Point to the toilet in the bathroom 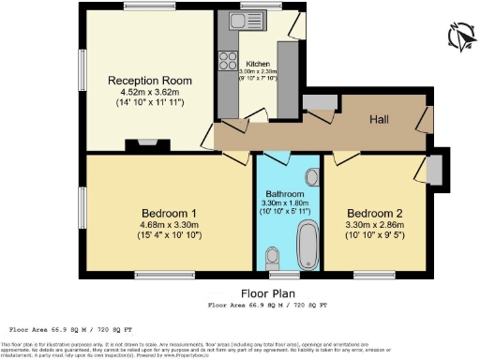pyautogui.click(x=273, y=256)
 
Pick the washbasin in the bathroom pyautogui.click(x=312, y=175)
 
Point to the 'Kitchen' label pyautogui.click(x=258, y=63)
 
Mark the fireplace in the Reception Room pyautogui.click(x=142, y=143)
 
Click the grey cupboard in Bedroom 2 pyautogui.click(x=435, y=170)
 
